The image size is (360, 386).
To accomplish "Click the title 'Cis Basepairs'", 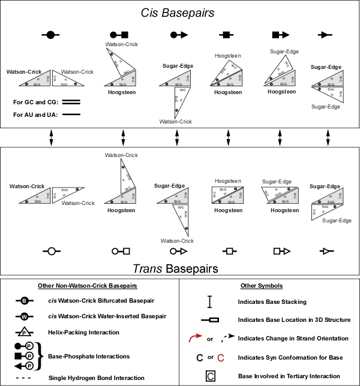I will click(x=179, y=13).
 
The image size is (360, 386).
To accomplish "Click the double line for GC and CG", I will click(x=71, y=102).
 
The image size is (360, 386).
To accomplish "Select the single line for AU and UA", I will click(x=71, y=114).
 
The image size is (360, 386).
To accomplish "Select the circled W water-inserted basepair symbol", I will click(x=25, y=315).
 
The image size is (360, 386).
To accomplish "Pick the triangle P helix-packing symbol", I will click(x=25, y=330).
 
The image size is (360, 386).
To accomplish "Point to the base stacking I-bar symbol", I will click(x=209, y=301).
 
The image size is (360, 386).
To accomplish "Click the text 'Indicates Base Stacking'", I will click(x=272, y=301).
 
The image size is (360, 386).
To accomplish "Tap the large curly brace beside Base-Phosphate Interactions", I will click(x=41, y=356).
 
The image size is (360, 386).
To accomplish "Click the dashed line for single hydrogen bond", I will click(x=25, y=378).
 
